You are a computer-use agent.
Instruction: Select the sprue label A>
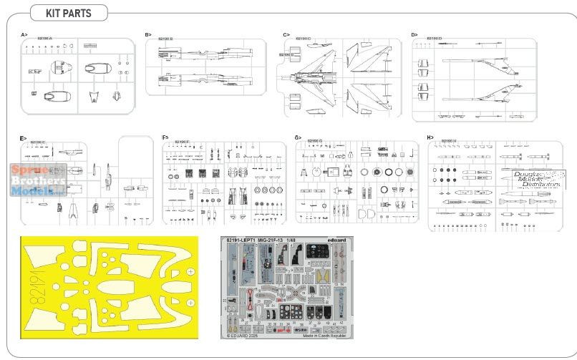(24, 34)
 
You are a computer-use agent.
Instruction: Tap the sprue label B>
(148, 34)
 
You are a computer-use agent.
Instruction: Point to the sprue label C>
(286, 34)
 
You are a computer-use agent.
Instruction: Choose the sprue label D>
(414, 34)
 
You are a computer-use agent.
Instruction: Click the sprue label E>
(24, 137)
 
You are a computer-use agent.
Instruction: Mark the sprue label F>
(165, 137)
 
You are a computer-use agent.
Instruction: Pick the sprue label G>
(299, 137)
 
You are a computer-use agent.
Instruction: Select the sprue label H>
(430, 137)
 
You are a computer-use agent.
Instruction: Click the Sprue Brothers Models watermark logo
(39, 177)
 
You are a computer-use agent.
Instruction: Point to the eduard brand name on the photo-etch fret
(339, 240)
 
